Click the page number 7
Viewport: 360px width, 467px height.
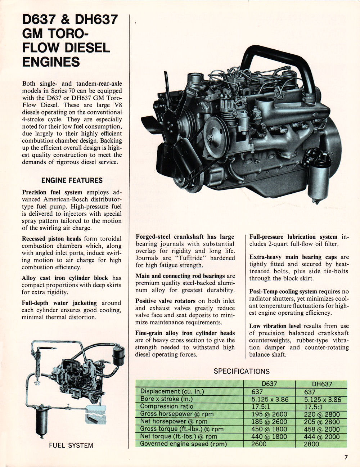(346, 458)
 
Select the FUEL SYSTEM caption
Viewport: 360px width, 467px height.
(71, 445)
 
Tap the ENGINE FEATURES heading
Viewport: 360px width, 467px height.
(72, 180)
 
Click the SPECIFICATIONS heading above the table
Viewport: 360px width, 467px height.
(242, 371)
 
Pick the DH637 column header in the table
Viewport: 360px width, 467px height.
(322, 384)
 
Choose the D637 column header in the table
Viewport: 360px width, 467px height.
(269, 384)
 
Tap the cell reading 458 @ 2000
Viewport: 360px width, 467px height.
(322, 429)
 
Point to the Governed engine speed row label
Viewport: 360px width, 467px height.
(184, 444)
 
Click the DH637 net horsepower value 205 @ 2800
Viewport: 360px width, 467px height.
(322, 422)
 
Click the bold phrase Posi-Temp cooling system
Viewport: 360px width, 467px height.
(283, 292)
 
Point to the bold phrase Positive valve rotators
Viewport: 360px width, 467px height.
(165, 301)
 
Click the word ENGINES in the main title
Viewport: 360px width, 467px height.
(51, 62)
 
